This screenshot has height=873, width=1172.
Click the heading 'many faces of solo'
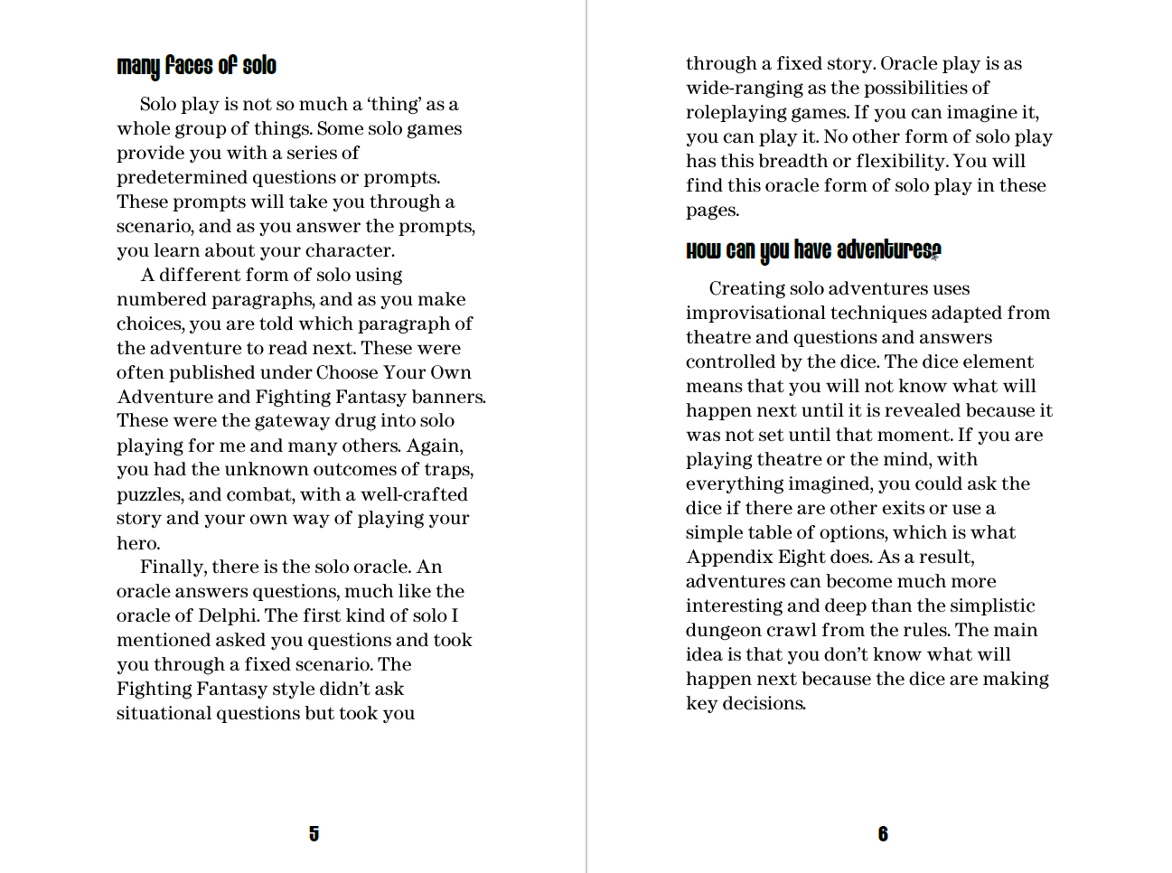click(196, 66)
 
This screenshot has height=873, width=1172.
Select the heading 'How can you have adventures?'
click(813, 250)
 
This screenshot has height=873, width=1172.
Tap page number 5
click(314, 833)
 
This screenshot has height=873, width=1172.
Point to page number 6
click(883, 833)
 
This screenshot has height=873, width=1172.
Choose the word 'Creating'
click(746, 288)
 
